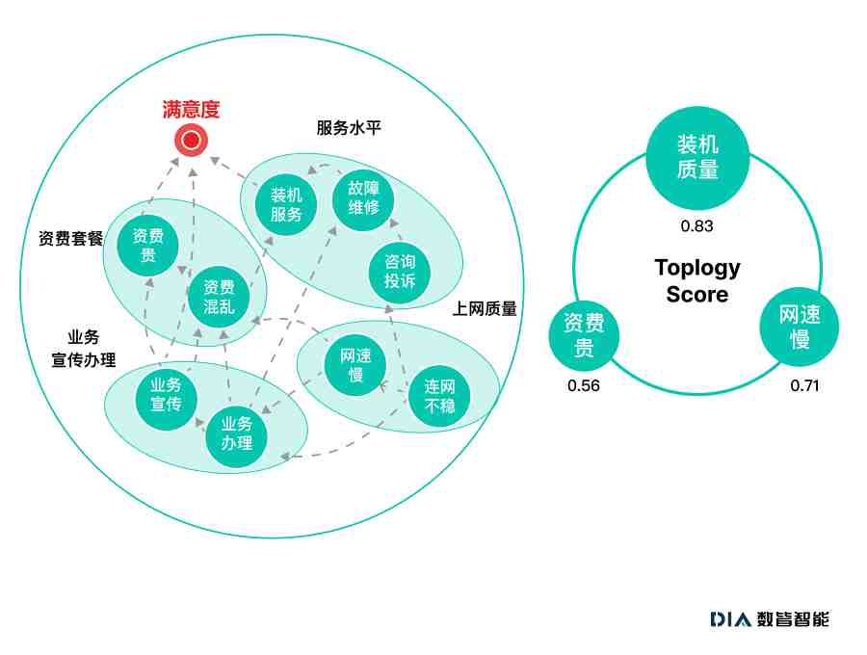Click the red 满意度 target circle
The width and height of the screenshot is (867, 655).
[192, 140]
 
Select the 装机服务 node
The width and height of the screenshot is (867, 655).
[286, 204]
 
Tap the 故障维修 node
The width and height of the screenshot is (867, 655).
[363, 199]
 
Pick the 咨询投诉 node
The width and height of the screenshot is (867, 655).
[399, 272]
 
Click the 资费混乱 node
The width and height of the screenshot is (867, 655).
[219, 297]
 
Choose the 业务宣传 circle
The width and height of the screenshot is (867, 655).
[166, 394]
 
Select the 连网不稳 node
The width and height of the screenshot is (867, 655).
[439, 396]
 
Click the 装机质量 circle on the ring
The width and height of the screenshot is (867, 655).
[697, 158]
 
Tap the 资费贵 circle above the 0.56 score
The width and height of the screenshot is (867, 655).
[584, 335]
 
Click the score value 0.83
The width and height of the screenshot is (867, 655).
[696, 226]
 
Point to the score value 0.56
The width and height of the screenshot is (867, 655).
[584, 386]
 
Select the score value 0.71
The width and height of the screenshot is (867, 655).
[804, 386]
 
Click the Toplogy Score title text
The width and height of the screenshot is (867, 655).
[697, 281]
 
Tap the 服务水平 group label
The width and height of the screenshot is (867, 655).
[349, 128]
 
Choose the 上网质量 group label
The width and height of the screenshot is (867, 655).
[485, 308]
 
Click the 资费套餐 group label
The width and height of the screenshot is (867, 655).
[70, 238]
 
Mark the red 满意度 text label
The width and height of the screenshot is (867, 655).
[192, 110]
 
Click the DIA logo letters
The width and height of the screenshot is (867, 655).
[731, 619]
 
